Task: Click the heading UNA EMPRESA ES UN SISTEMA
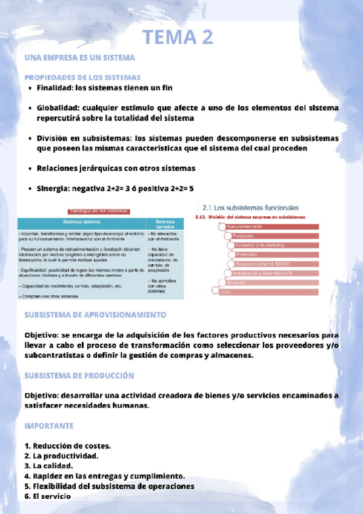[x=79, y=58]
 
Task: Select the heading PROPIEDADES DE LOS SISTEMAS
[x=82, y=78]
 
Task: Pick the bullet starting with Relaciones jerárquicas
[x=116, y=168]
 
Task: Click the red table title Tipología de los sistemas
[x=99, y=211]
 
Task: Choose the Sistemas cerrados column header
[x=164, y=224]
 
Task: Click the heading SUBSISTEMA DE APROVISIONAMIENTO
[x=95, y=315]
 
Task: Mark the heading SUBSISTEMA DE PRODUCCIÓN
[x=79, y=375]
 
